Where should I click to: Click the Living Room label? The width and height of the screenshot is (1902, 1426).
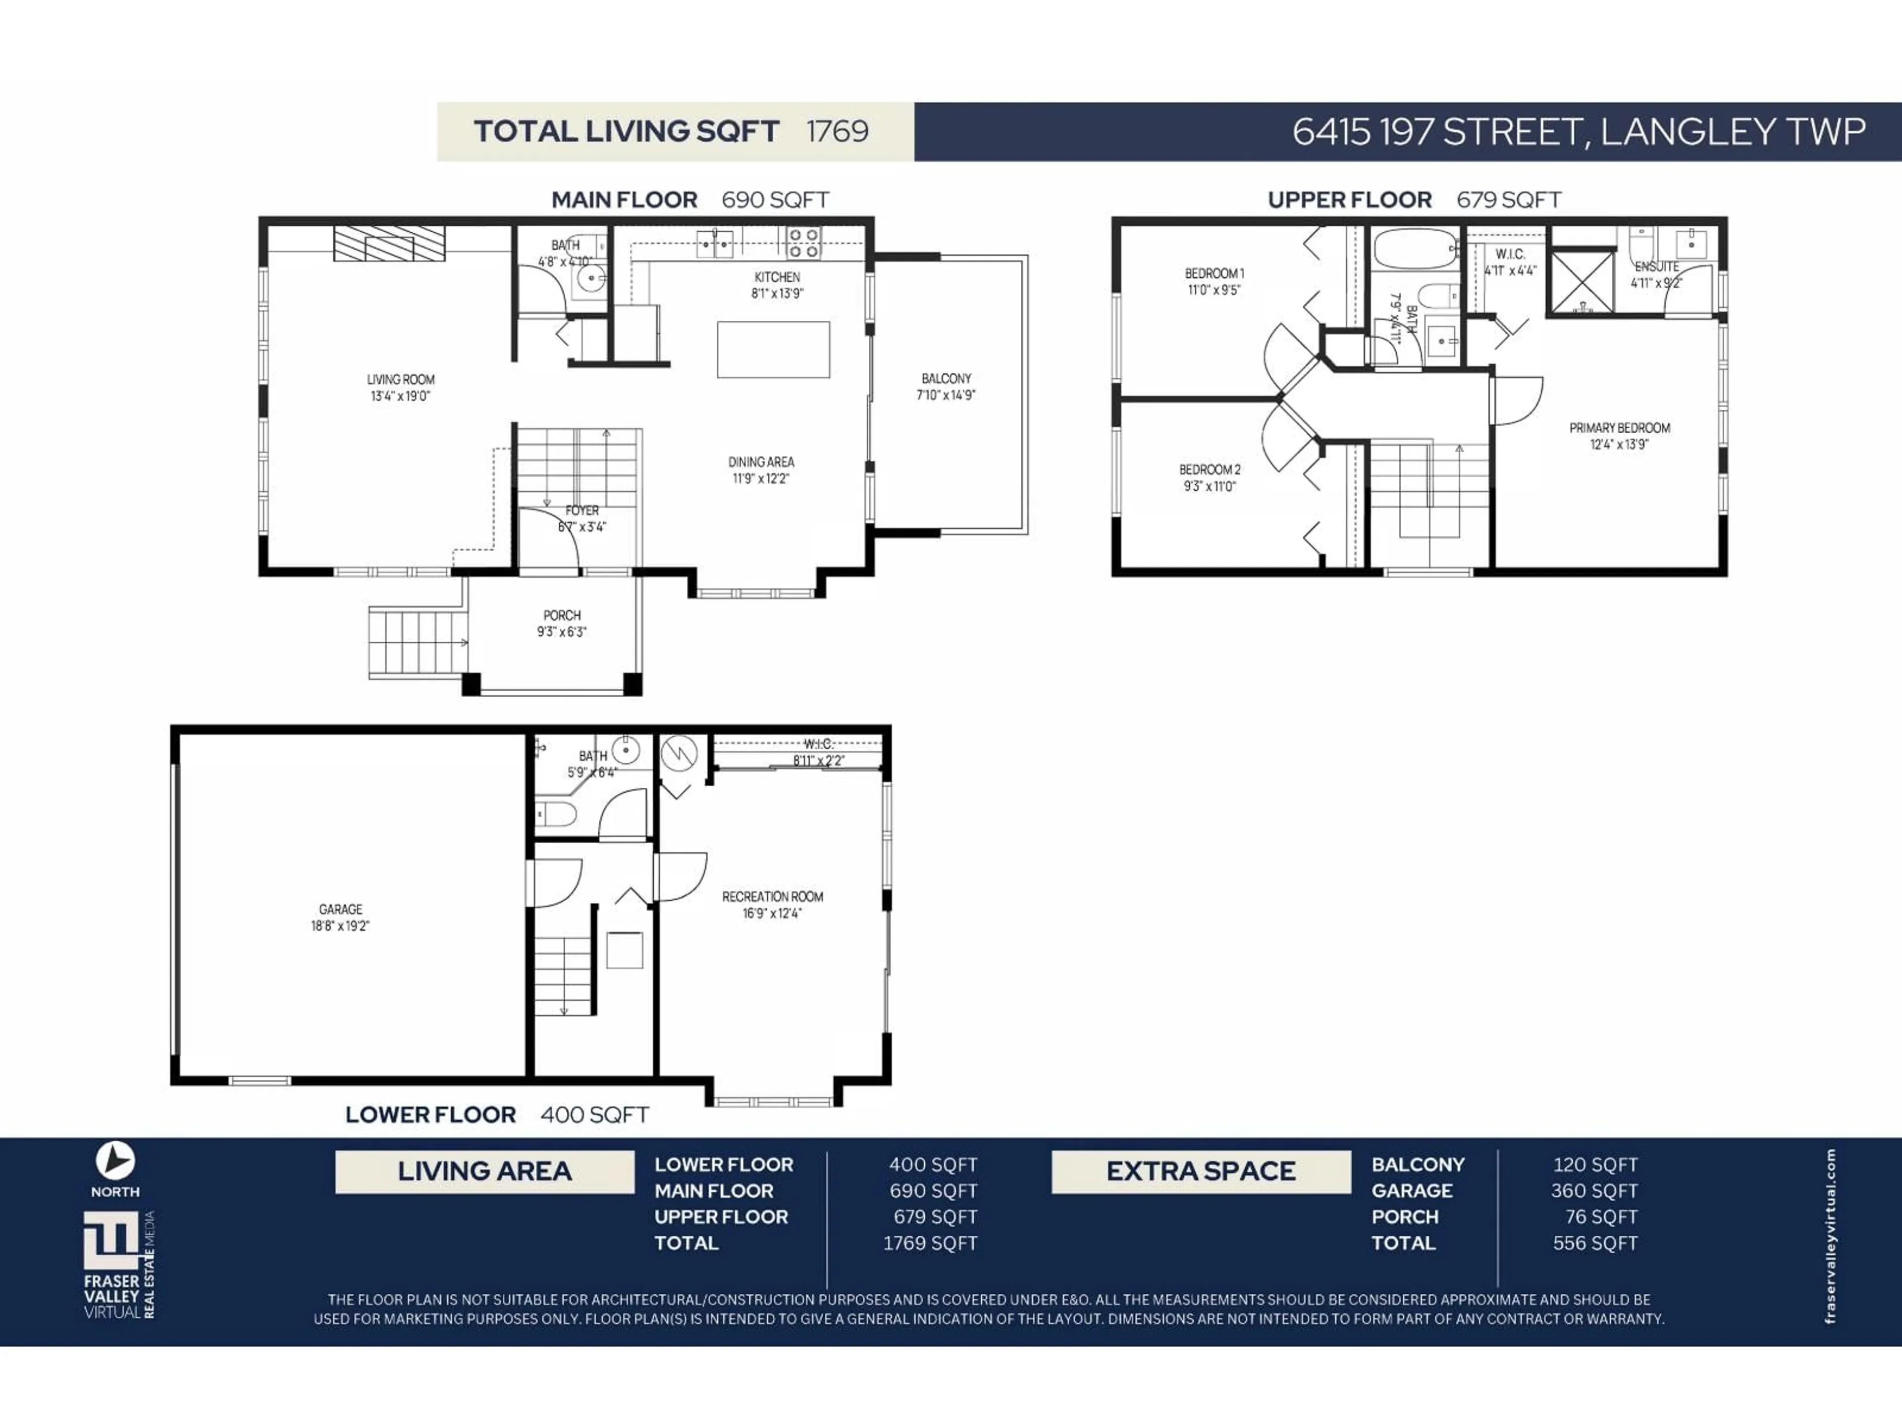coord(401,379)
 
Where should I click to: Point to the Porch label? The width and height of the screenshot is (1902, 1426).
coord(562,615)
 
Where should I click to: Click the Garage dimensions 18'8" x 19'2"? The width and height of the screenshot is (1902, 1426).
coord(340,926)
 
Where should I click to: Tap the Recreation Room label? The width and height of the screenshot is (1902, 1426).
coord(772,897)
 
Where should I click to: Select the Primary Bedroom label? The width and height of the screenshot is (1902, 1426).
coord(1619,428)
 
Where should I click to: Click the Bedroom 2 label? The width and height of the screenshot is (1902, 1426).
coord(1209,469)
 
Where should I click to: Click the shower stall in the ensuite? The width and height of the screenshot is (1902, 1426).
coord(1581,281)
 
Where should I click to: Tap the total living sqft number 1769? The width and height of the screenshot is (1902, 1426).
coord(837,132)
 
